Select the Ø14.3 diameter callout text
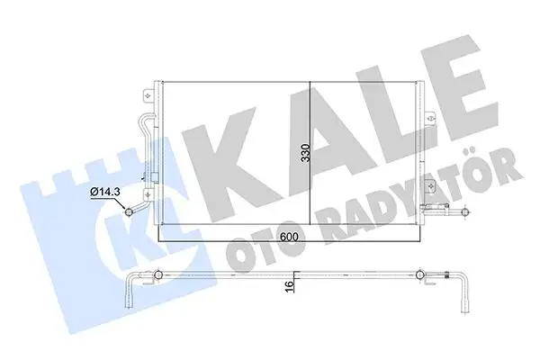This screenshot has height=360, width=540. [x=106, y=191]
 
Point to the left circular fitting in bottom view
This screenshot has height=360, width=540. [x=159, y=274]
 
